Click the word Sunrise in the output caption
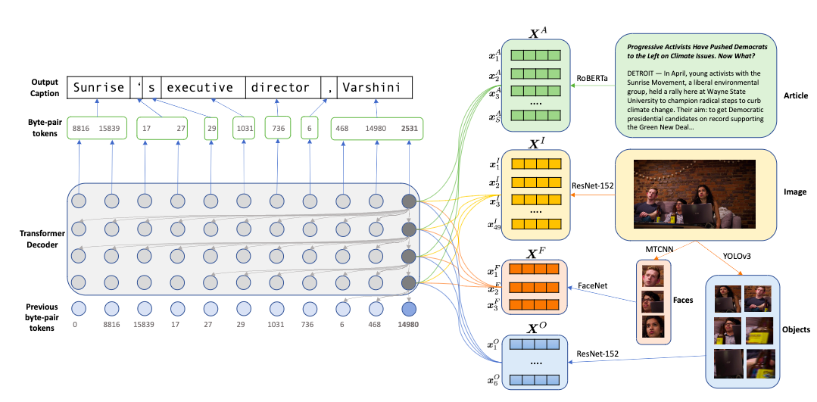coord(98,88)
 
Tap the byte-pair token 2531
coord(409,129)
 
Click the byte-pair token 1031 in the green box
coord(243,129)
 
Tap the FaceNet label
coord(594,288)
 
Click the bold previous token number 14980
coord(409,325)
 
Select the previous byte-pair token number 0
coord(75,325)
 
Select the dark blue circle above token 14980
coord(409,309)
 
